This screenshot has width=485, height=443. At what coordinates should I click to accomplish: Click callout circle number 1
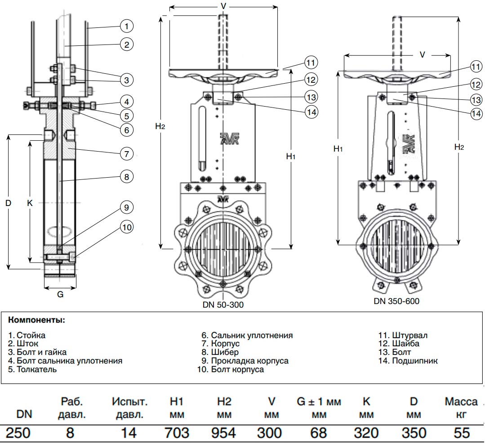point(127,27)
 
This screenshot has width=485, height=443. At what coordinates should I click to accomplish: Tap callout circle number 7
point(127,153)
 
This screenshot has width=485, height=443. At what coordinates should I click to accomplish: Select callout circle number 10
point(127,227)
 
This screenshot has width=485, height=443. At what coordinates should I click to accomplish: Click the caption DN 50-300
point(223,304)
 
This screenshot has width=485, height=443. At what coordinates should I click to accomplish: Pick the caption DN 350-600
point(396,301)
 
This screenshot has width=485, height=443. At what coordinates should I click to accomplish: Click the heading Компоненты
point(36,321)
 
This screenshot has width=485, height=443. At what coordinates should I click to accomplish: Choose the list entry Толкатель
point(32,369)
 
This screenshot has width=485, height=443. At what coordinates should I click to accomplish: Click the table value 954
point(223,433)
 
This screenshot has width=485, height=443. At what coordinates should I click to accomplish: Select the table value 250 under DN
point(18,433)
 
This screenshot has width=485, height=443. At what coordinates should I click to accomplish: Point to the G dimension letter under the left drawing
point(60,295)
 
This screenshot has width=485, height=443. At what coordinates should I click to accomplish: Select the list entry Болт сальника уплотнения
point(65,361)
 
